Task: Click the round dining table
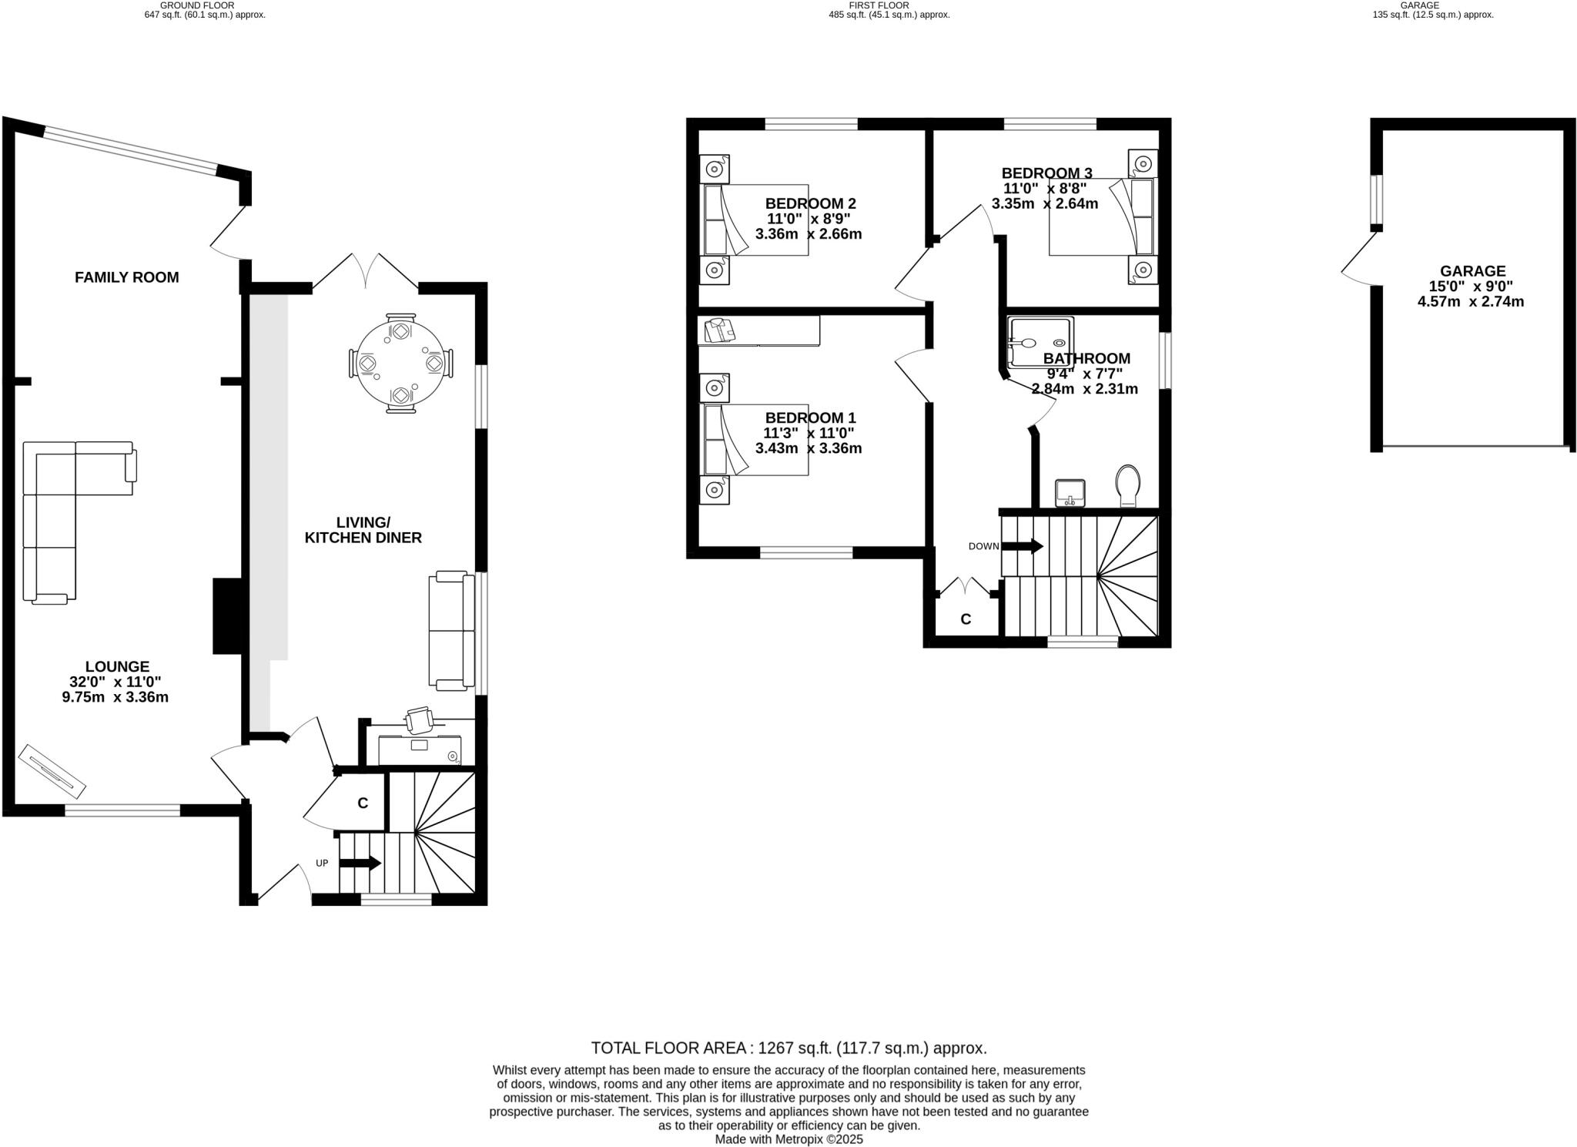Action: (400, 364)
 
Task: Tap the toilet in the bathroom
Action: (1128, 484)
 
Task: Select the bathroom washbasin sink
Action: (1070, 491)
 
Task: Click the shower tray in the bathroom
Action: (1040, 342)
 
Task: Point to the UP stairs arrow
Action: (360, 863)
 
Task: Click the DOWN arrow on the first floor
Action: (1022, 546)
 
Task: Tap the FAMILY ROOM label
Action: (126, 277)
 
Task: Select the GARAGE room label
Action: (1472, 271)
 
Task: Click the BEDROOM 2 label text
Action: (810, 203)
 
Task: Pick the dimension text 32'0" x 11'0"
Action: (116, 682)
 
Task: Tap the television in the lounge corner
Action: (52, 770)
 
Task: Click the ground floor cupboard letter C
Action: (363, 803)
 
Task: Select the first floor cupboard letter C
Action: (965, 619)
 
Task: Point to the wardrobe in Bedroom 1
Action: (758, 331)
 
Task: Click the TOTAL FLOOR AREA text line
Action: (788, 1048)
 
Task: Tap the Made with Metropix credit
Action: (788, 1139)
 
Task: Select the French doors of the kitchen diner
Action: (366, 273)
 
